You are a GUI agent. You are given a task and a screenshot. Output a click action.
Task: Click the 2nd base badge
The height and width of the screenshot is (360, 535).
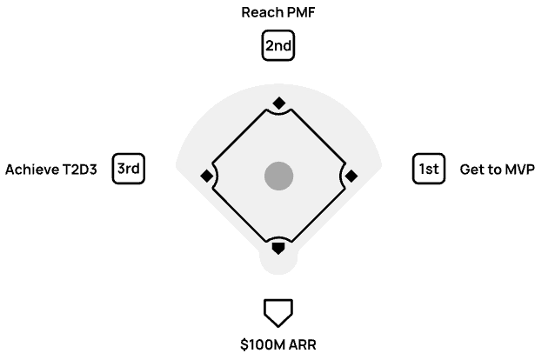click(278, 46)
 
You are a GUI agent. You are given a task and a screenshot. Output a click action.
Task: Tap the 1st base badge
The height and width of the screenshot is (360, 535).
click(428, 169)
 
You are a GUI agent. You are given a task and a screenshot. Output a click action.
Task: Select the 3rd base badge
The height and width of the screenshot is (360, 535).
click(129, 169)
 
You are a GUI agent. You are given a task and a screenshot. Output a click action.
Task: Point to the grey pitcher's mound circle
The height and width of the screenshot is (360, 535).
click(278, 176)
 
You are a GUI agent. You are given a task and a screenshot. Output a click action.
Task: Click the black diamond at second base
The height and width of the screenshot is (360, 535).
click(278, 103)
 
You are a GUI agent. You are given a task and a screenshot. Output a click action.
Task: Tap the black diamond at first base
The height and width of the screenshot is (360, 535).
click(351, 176)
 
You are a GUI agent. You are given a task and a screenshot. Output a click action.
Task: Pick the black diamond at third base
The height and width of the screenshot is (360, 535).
click(206, 176)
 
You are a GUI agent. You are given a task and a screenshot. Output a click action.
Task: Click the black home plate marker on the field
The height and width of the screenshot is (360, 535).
click(278, 248)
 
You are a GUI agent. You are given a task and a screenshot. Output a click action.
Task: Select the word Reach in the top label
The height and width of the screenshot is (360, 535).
click(258, 13)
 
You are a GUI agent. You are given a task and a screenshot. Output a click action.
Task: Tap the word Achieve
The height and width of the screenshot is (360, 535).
click(30, 170)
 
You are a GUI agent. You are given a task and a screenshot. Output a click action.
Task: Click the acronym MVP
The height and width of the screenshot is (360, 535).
click(518, 170)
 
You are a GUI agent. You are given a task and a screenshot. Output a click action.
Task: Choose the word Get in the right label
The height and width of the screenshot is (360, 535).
click(471, 170)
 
